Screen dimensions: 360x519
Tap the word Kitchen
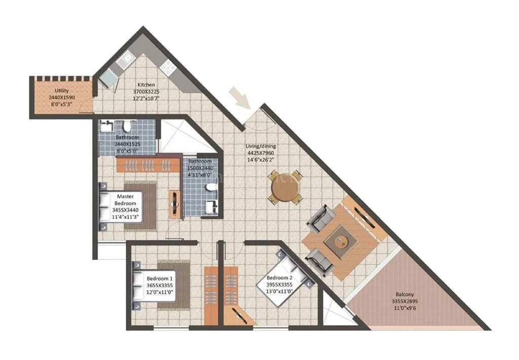146,85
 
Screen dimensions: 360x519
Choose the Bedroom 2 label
279,278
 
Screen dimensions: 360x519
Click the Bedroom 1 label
160,278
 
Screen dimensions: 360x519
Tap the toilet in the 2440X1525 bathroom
127,126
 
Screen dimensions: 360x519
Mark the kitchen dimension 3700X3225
146,92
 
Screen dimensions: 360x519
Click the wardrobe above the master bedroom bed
149,165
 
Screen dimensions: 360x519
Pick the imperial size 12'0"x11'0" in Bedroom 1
160,293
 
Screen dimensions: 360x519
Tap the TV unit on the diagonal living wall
364,216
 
